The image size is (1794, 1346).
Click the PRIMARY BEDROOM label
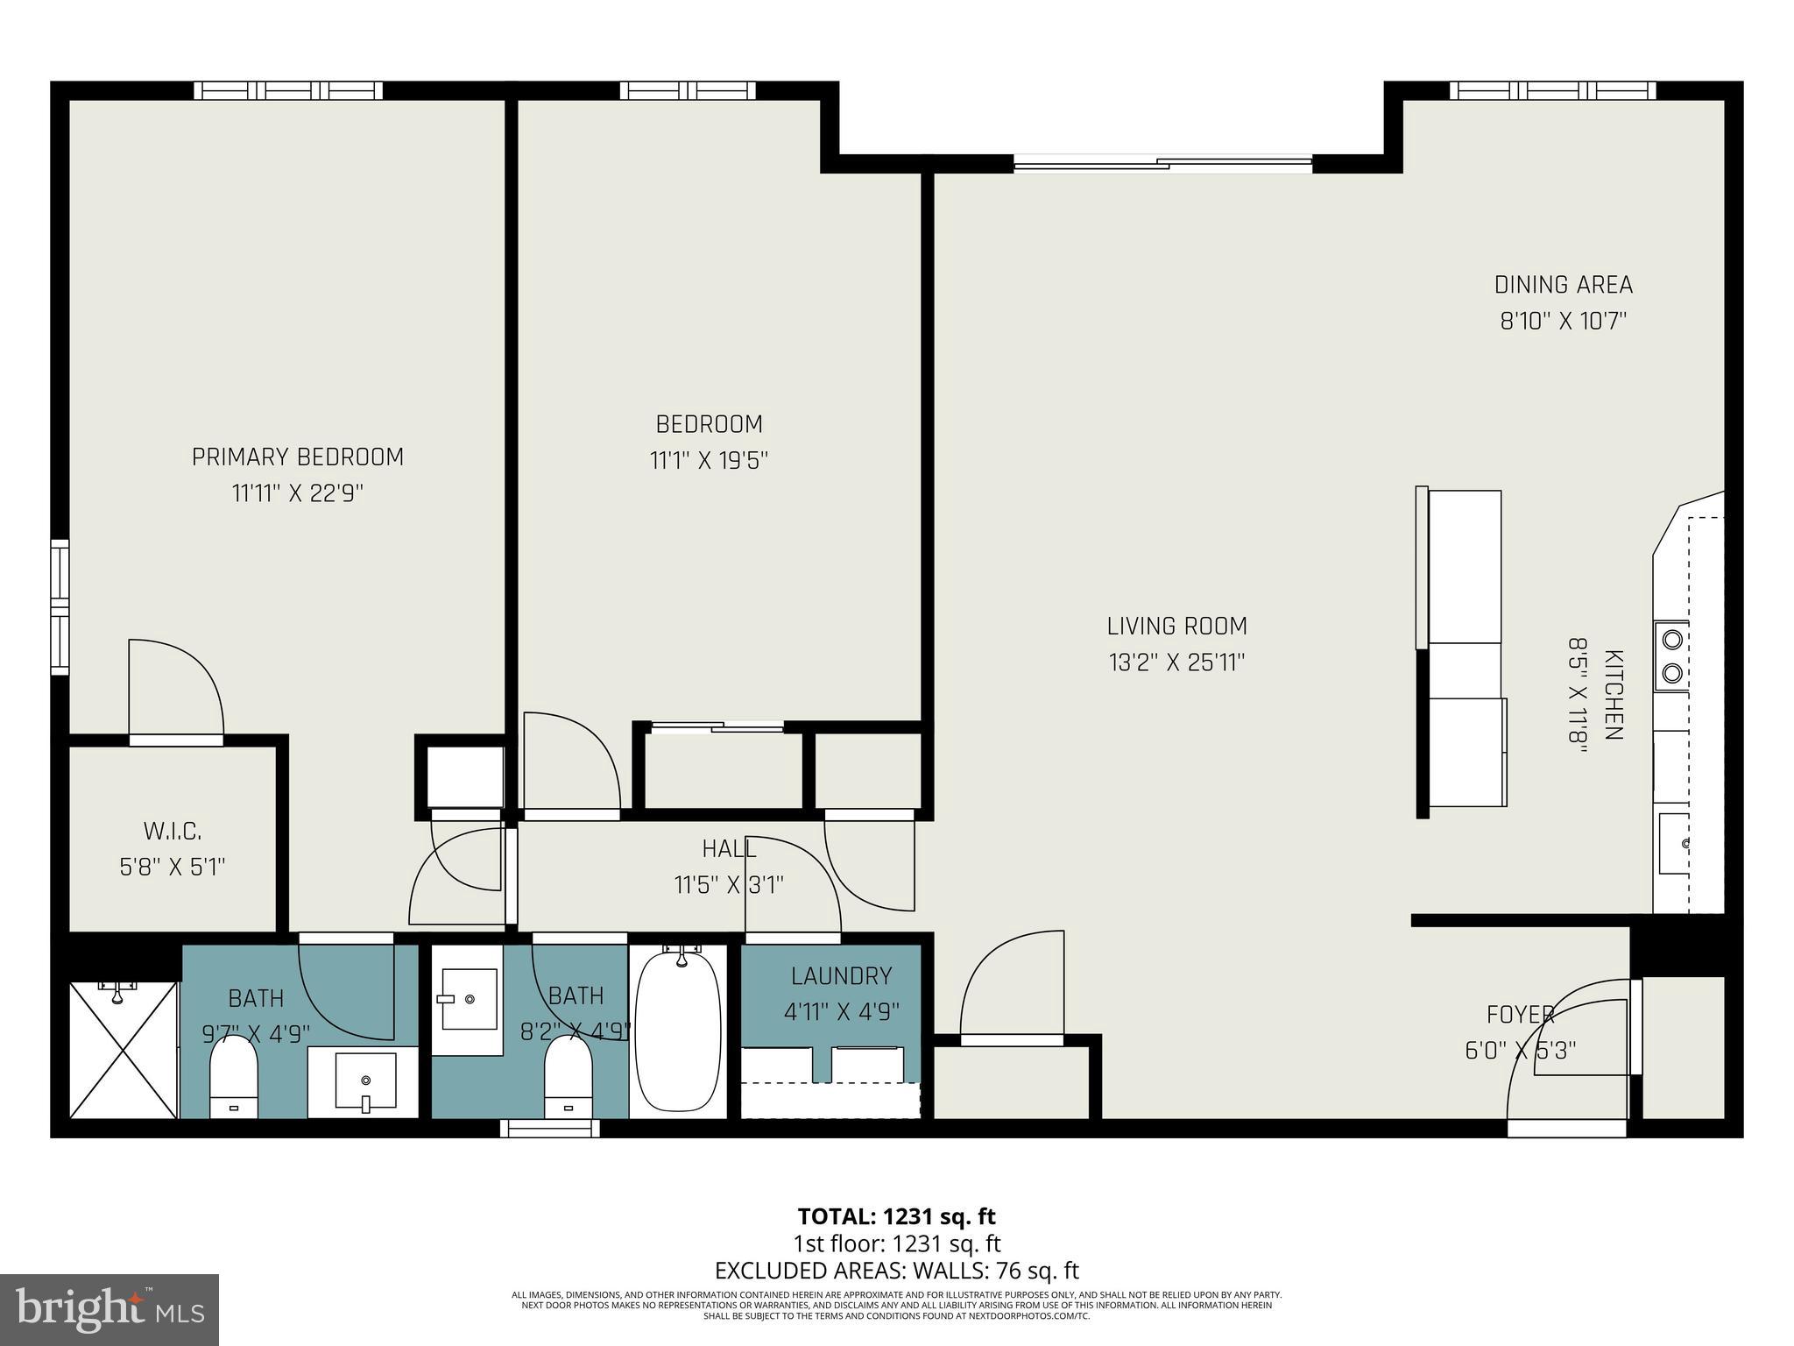297,457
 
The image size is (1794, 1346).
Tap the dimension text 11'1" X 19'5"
709,461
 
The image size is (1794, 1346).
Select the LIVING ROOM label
1176,626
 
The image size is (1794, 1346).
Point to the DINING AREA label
1563,285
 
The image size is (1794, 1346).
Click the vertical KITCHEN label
1613,695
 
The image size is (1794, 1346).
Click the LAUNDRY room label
841,975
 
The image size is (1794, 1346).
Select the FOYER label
1520,1015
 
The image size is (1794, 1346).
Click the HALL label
729,848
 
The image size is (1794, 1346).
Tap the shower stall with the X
124,1049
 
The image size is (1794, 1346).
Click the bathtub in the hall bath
678,1034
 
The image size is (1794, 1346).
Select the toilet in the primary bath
234,1076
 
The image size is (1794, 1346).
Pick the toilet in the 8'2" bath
568,1076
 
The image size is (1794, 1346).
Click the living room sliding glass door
1162,163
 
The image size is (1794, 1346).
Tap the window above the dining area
1552,90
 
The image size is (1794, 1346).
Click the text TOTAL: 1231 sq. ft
896,1216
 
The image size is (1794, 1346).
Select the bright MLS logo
109,1309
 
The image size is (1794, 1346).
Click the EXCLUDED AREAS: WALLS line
896,1271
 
